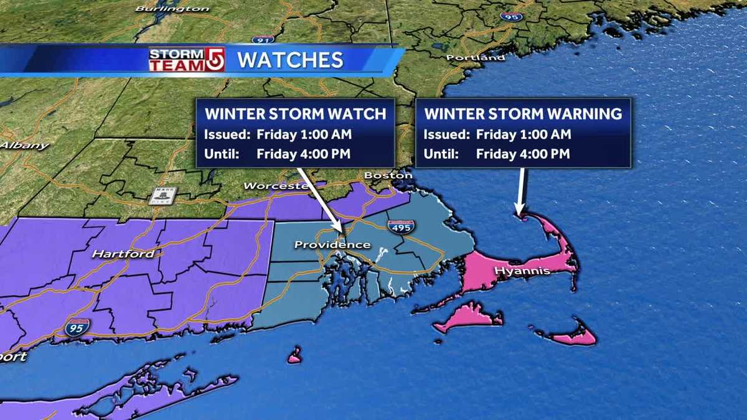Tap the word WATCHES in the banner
(291, 60)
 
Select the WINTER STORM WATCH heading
(296, 114)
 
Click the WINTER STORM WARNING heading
(523, 114)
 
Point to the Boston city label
(388, 176)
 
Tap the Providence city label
(332, 245)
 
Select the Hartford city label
(123, 254)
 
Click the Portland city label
(476, 58)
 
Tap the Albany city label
(24, 146)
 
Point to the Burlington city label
(172, 9)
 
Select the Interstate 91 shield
(263, 39)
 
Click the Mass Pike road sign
(162, 195)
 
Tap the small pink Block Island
(294, 357)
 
